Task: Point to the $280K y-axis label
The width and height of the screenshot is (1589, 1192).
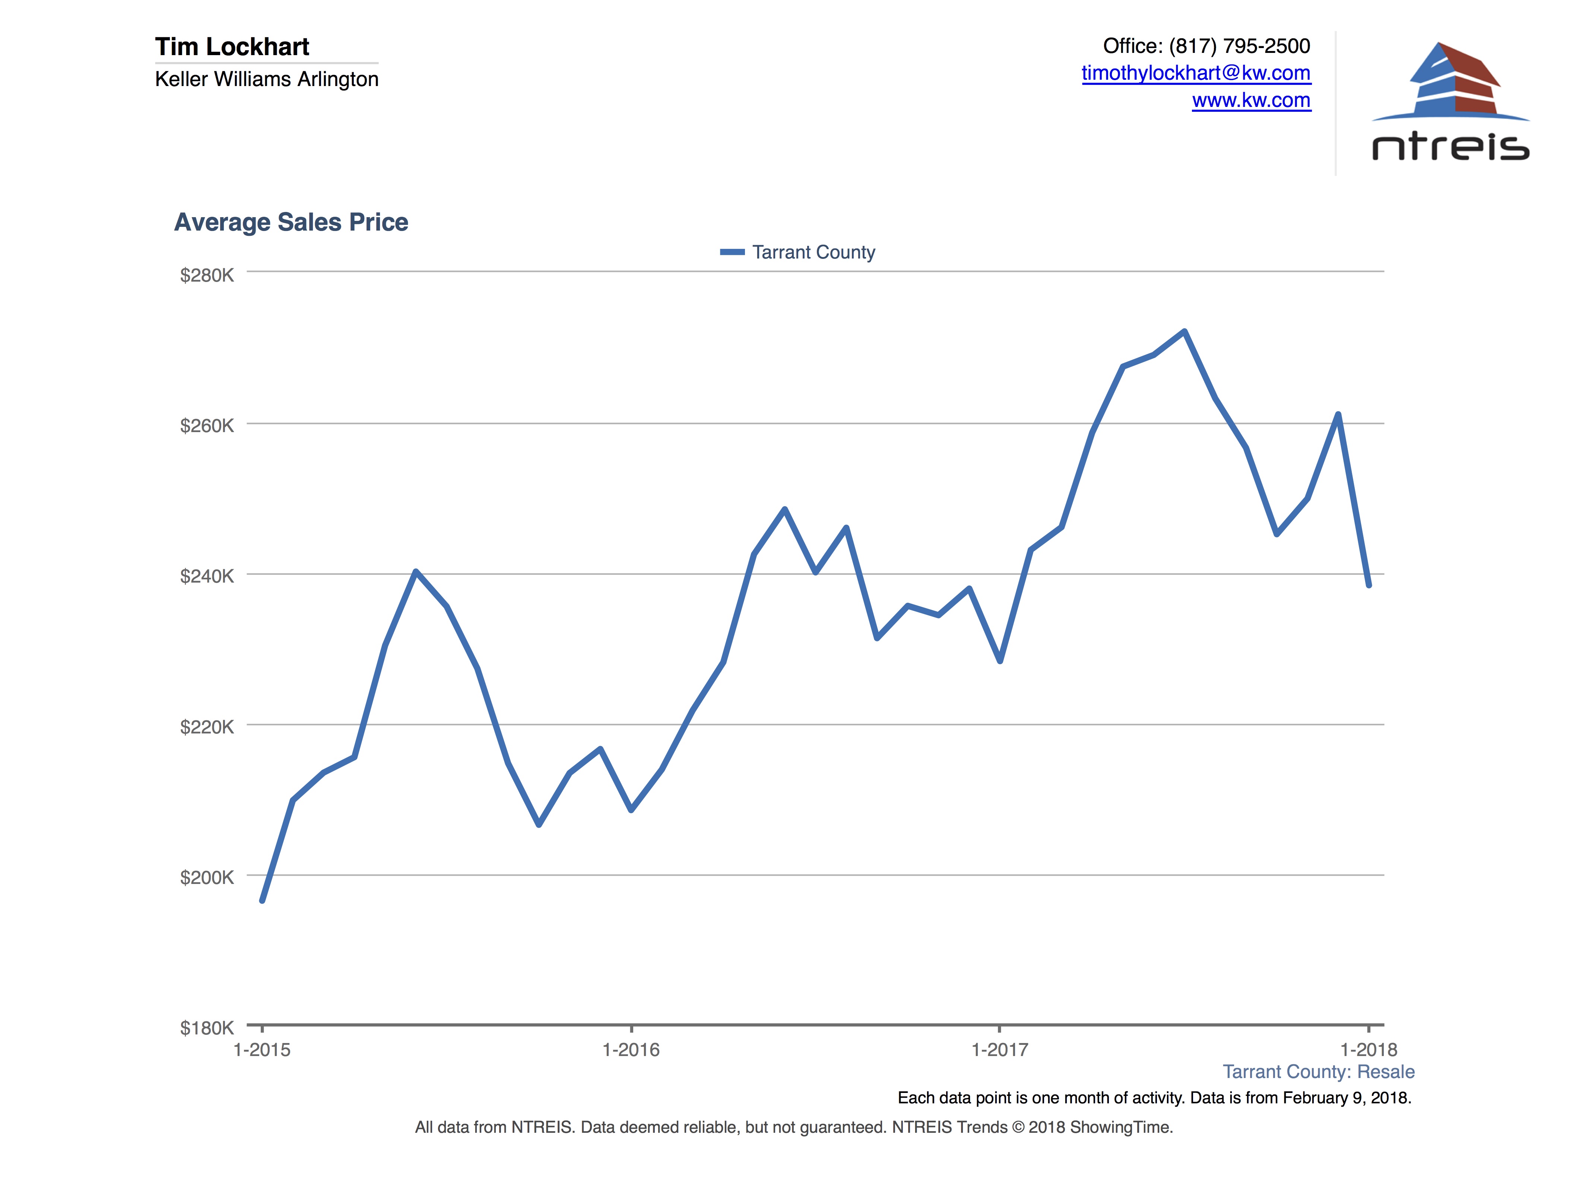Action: click(207, 275)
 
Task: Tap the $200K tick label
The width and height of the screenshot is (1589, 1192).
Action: click(207, 877)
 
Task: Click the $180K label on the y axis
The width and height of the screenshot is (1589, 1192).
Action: click(207, 1027)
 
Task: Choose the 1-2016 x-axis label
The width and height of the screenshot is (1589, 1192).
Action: click(631, 1050)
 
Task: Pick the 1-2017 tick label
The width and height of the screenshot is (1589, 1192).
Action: click(999, 1050)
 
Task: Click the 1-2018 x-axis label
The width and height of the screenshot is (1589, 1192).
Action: click(1368, 1050)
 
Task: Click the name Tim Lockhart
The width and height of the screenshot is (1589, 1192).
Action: click(232, 47)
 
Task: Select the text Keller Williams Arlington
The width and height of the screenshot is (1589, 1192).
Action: click(267, 79)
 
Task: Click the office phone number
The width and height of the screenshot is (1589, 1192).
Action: click(1239, 46)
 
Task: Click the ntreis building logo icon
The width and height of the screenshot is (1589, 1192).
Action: click(1451, 80)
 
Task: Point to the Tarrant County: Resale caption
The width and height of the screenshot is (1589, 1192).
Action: click(1318, 1072)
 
